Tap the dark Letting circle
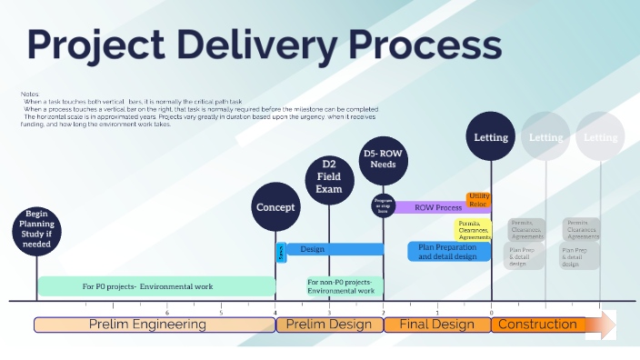point(492,138)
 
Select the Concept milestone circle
point(275,207)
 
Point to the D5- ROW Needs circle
point(383,161)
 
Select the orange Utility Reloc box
point(479,200)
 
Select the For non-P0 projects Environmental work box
point(342,286)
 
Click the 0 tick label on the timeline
point(491,312)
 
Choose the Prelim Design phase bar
point(329,325)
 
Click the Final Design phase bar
point(437,325)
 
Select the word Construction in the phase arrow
point(538,325)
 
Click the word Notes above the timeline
point(29,94)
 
